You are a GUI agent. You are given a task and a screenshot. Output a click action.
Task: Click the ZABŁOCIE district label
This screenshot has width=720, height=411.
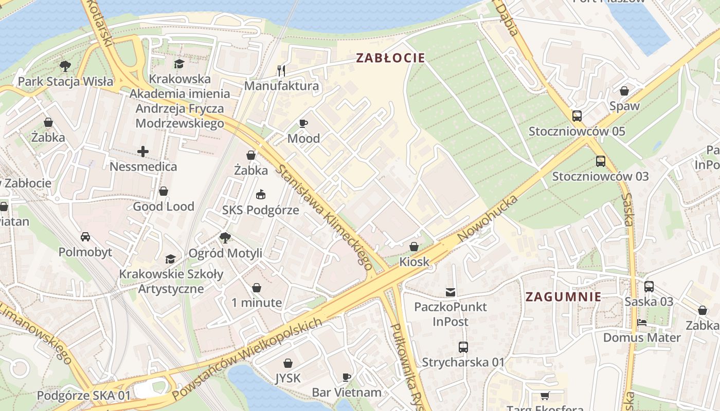click(x=391, y=58)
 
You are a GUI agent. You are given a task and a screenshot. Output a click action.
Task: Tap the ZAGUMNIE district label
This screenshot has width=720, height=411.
click(x=563, y=296)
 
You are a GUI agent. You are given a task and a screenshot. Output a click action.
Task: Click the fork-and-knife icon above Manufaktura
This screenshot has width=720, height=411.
click(x=281, y=70)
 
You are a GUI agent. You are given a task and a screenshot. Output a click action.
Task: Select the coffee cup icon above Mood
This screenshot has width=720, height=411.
click(x=303, y=123)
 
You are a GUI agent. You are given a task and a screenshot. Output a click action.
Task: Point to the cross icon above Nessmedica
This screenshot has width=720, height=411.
click(x=143, y=152)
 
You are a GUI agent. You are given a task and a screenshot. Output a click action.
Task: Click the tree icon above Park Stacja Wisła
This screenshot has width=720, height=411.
click(x=65, y=66)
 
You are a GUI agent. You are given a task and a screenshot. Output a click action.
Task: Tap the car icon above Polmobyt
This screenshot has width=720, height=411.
click(x=85, y=237)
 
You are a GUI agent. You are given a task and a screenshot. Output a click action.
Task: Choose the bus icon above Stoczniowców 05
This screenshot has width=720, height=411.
click(x=577, y=116)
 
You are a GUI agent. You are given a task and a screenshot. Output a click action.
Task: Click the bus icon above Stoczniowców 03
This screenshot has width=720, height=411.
click(x=600, y=161)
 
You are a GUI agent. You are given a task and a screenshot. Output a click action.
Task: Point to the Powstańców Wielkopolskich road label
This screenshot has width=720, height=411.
click(x=247, y=359)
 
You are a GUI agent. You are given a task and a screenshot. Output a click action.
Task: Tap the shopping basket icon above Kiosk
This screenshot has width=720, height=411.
click(x=414, y=247)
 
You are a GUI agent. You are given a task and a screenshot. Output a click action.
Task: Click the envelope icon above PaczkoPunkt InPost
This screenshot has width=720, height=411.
click(x=451, y=292)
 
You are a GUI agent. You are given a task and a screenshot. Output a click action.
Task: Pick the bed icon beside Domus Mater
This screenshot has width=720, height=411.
click(x=641, y=323)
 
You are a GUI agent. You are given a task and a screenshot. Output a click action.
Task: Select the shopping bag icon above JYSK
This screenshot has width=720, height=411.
click(x=287, y=363)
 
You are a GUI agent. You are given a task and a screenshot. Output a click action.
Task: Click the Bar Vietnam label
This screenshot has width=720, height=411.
click(x=347, y=393)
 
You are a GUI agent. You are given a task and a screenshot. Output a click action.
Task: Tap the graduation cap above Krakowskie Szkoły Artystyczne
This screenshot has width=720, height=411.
click(x=170, y=259)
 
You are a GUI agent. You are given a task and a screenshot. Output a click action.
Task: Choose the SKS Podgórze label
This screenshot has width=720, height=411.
click(x=260, y=210)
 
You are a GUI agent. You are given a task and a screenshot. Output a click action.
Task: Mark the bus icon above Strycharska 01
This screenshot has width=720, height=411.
click(x=463, y=347)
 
